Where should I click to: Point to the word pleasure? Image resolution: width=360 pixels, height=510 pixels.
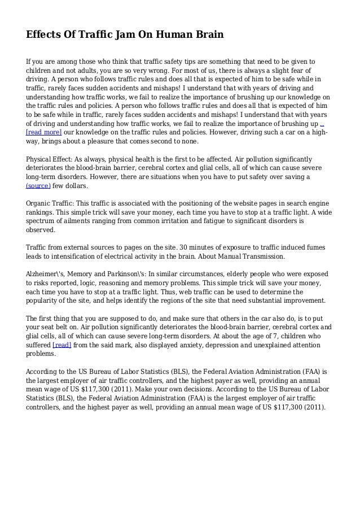(x=117, y=141)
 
